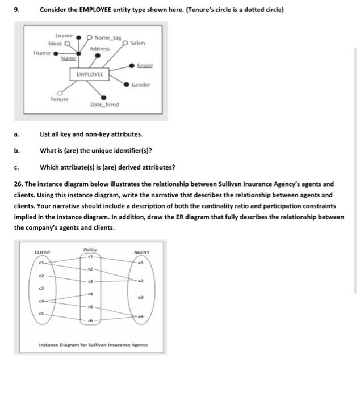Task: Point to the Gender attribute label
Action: point(141,85)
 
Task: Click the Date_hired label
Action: point(104,105)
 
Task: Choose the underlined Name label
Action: point(69,58)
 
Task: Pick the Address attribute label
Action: point(99,49)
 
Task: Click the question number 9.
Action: point(16,10)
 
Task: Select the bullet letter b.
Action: point(16,151)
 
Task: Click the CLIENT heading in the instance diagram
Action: point(43,252)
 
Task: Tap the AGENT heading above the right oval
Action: point(141,252)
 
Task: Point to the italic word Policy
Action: point(90,250)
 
